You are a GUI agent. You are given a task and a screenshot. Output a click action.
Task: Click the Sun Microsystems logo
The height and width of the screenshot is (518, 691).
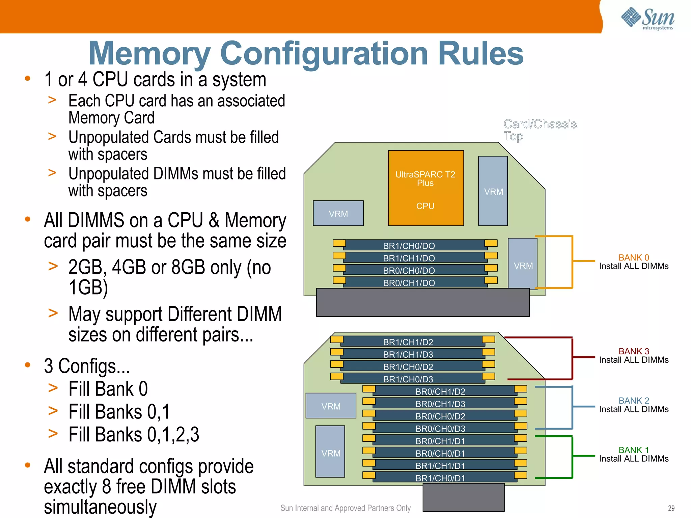click(x=647, y=19)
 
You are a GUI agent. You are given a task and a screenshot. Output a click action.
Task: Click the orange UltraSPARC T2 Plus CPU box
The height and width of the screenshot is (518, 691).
click(x=425, y=188)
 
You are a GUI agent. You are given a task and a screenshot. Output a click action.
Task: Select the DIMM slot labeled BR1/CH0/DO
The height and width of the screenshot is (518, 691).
click(x=409, y=246)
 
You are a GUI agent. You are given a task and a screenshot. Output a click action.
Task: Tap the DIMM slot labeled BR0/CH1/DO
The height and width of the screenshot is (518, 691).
click(x=409, y=283)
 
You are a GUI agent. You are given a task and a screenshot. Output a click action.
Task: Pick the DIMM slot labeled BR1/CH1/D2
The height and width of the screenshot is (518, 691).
click(x=408, y=342)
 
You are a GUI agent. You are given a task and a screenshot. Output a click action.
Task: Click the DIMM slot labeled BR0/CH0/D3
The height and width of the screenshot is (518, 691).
click(x=440, y=428)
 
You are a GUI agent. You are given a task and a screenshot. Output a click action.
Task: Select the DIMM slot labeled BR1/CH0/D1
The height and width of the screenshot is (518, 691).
click(x=440, y=478)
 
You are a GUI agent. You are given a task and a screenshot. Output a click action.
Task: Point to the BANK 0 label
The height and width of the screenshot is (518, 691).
click(x=633, y=257)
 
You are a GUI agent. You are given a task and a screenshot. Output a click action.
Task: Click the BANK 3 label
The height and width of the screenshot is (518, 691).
click(x=633, y=351)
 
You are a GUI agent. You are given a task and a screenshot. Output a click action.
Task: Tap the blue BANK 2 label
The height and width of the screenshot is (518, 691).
click(x=633, y=401)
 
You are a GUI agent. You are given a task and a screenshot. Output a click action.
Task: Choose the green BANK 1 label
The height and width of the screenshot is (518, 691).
click(x=633, y=450)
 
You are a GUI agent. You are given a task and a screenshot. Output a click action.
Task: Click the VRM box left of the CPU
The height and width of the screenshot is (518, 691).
click(x=338, y=214)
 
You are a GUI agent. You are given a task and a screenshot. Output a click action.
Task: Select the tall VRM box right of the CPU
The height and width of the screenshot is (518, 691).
click(x=493, y=191)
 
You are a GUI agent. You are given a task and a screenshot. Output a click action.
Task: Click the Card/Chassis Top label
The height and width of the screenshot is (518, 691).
click(x=540, y=130)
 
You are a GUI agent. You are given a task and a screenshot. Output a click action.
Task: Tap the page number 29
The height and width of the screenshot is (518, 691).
click(x=671, y=508)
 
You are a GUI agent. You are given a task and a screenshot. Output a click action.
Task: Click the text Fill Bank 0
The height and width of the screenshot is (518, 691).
click(x=108, y=389)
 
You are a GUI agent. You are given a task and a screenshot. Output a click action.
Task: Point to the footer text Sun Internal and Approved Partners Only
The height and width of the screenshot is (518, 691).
click(x=345, y=508)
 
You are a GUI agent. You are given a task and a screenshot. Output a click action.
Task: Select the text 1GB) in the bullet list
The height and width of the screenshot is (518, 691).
click(x=88, y=288)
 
